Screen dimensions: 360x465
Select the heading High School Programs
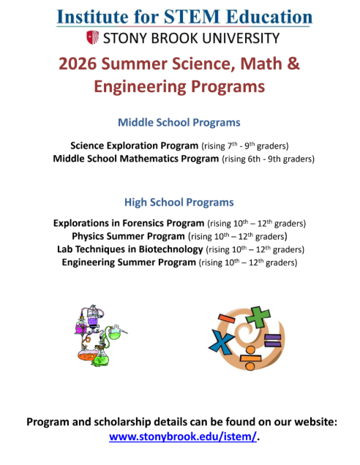click(179, 202)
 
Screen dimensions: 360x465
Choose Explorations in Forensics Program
click(129, 223)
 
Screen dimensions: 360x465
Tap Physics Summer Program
click(128, 236)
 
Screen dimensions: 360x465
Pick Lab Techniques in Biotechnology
click(130, 249)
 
